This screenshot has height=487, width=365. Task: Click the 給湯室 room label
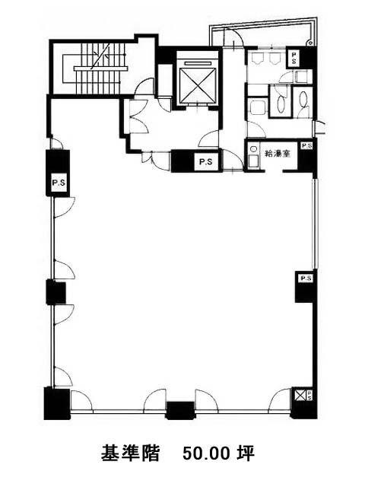278,153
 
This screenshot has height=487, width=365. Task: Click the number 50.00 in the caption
205,454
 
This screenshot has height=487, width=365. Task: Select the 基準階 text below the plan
130,454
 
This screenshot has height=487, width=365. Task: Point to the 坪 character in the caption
246,454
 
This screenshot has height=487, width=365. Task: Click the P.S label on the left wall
59,183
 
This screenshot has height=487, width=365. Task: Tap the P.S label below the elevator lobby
205,162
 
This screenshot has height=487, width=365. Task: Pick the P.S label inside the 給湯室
307,145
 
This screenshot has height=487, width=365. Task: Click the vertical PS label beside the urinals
294,58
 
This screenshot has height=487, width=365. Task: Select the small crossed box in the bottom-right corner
300,396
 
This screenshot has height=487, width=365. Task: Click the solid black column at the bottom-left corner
57,403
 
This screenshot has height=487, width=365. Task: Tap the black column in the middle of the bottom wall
180,410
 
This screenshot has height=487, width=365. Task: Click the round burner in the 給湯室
253,149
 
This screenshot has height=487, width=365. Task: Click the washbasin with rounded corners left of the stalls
258,107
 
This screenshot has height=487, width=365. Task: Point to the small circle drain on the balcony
309,43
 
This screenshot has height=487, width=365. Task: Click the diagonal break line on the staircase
100,56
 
